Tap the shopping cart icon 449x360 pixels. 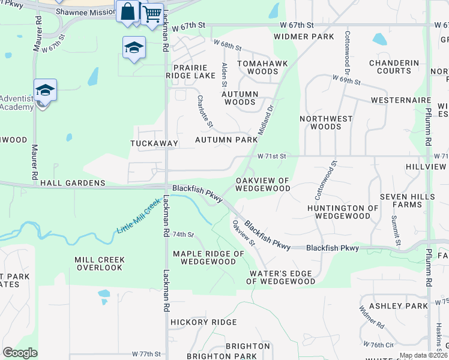click(x=152, y=13)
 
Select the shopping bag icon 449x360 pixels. click(x=129, y=11)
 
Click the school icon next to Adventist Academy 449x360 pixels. click(x=45, y=91)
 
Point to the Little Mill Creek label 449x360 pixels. click(x=140, y=216)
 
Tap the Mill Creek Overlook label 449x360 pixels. click(x=100, y=264)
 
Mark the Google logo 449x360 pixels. click(x=20, y=353)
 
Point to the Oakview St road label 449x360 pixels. click(x=244, y=233)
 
